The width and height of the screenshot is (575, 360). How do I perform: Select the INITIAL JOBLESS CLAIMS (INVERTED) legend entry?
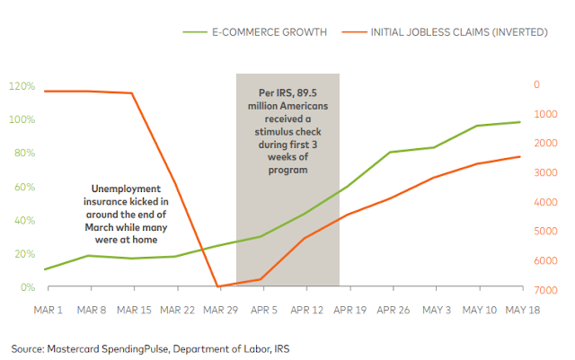pos(458,32)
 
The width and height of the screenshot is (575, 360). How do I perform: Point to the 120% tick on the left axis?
pos(22,86)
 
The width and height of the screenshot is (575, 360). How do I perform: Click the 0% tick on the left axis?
pos(27,287)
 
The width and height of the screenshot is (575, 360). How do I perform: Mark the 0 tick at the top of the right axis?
pos(536,84)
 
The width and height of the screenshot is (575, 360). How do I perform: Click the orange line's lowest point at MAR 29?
pos(218,287)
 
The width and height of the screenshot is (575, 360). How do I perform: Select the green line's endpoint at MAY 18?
pos(519,122)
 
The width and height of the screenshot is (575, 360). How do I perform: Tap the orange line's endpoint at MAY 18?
pos(519,156)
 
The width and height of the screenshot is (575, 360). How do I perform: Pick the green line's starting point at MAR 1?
pos(45,269)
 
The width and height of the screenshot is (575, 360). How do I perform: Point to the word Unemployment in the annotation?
pos(127,189)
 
